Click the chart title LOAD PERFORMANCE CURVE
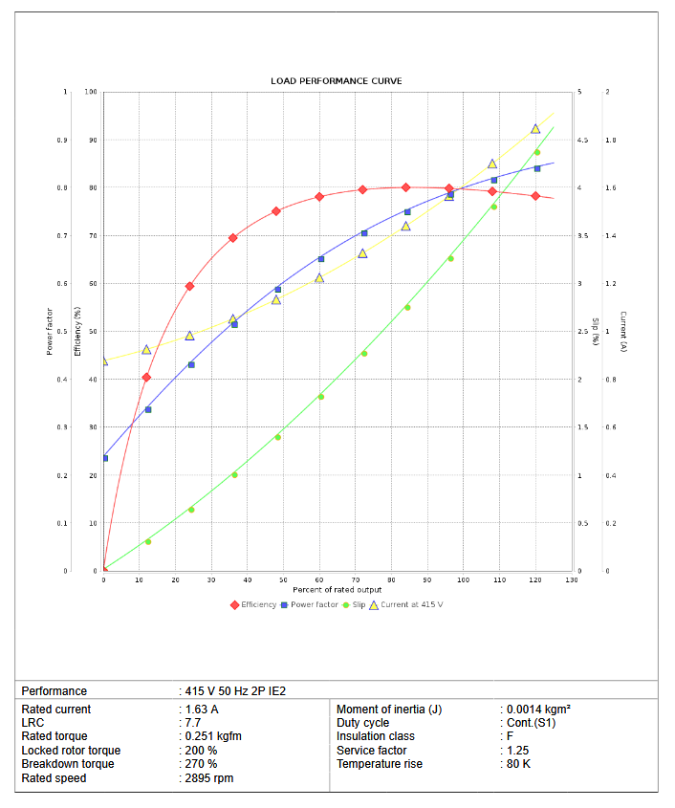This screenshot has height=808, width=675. pos(336,81)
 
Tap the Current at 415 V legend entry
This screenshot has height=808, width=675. pos(405,604)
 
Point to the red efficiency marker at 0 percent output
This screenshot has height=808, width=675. pos(104,571)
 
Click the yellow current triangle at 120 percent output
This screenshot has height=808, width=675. pos(535,129)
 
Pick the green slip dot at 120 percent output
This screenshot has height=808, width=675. pos(536,152)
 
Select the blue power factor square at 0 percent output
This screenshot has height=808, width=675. pos(104,458)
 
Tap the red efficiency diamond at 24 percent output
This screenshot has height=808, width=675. pos(189,286)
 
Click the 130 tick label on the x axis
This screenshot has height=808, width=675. pos(571,580)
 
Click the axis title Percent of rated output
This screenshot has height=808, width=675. pos(337,590)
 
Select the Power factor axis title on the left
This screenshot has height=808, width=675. pos(49,332)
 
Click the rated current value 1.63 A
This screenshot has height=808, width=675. pos(201,710)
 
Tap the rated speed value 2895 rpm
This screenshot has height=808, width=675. pos(208,778)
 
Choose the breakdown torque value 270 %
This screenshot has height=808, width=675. pos(201,764)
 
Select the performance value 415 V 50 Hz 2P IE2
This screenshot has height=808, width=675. pos(234,690)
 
